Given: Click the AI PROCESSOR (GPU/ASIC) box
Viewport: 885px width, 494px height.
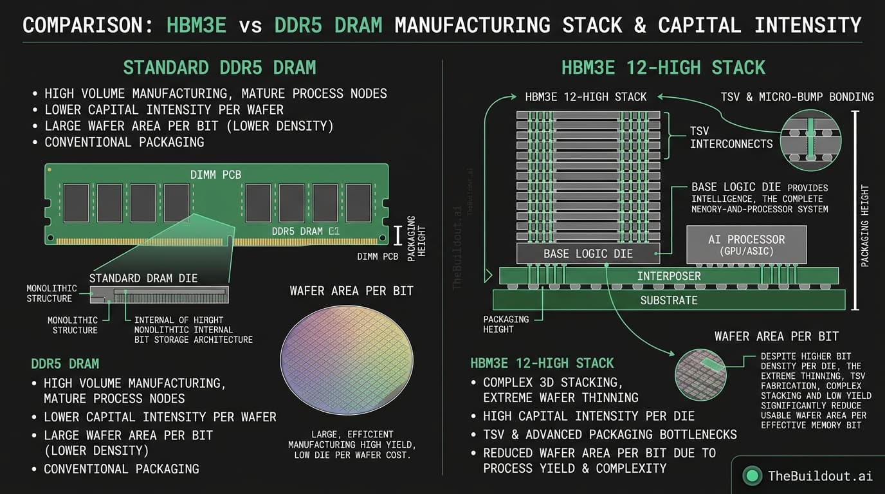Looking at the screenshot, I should pos(746,244).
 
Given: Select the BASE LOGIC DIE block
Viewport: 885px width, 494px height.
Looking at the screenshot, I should pos(588,253).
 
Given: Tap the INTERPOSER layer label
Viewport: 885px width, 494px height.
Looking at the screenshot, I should pos(669,276).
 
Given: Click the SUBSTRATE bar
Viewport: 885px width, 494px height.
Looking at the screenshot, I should pos(669,300).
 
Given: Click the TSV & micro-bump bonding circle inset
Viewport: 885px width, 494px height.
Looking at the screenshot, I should pos(810,140).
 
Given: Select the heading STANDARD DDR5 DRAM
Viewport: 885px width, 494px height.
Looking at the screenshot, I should pos(219,68).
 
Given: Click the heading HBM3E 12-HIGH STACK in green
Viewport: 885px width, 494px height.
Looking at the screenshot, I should pos(662,68).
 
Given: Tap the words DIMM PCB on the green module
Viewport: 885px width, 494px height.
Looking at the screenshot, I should pos(215,175).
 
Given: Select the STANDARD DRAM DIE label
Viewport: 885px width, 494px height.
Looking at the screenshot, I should pos(143,278).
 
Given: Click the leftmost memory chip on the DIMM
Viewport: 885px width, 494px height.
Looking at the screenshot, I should pos(76,203).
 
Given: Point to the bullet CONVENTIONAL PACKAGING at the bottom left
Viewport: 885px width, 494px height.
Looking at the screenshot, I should pos(121,469).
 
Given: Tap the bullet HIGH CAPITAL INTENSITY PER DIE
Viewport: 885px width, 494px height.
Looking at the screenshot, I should pos(588,416).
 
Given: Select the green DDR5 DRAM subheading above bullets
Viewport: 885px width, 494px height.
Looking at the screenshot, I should pos(65,363).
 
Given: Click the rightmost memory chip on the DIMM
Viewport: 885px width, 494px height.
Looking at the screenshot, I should pos(358,203).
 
